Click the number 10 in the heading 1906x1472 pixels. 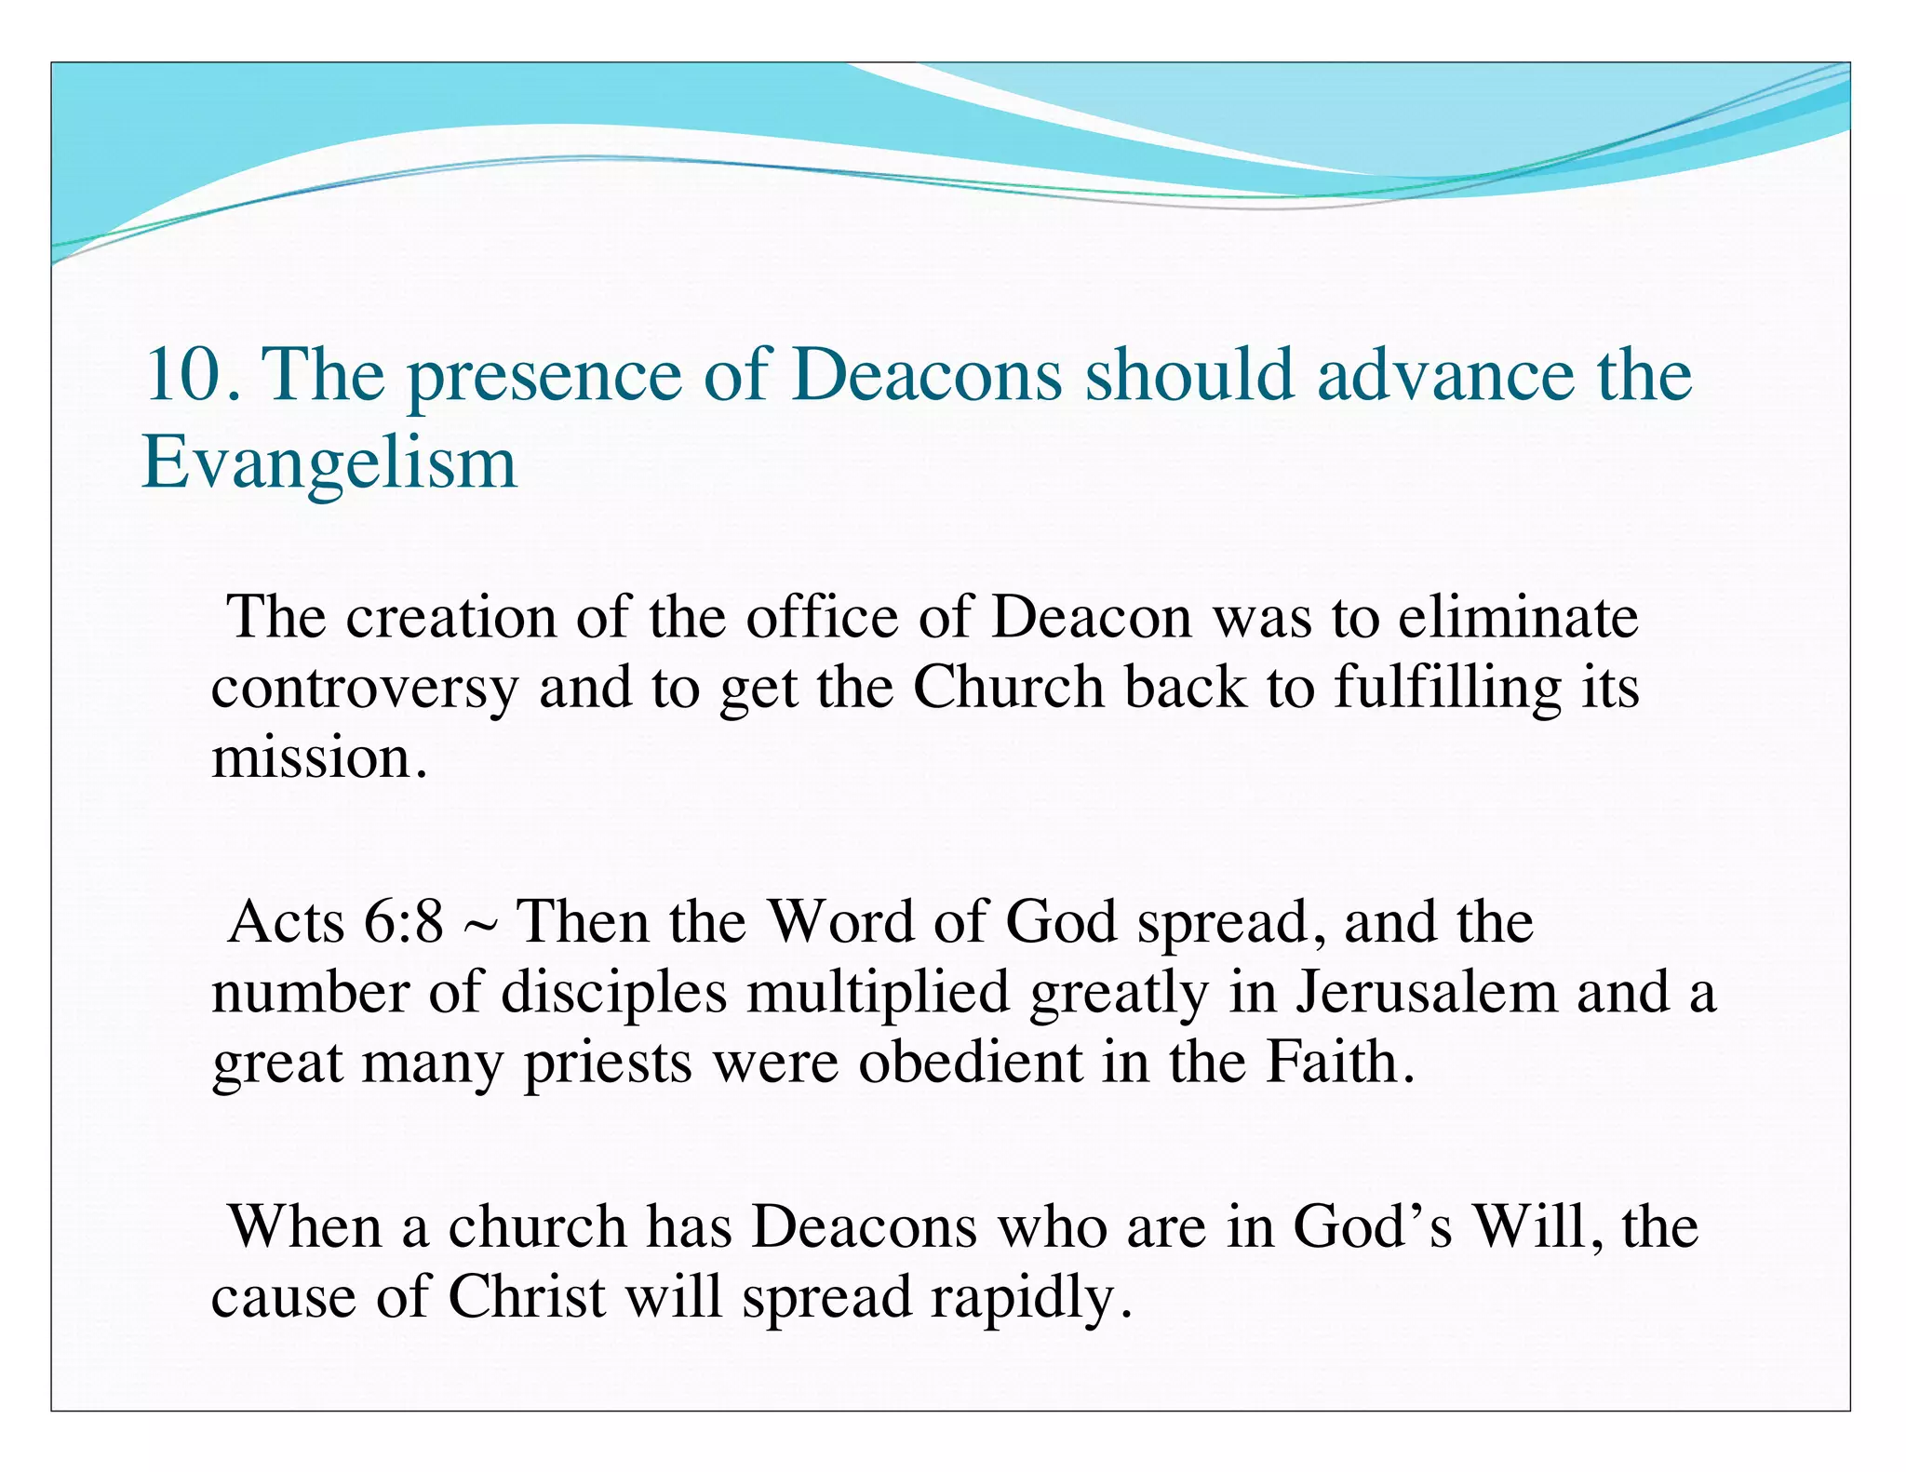click(186, 374)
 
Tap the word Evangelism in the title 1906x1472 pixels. click(328, 462)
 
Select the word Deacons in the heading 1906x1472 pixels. click(926, 374)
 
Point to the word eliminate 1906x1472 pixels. click(1518, 617)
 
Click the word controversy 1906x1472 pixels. click(364, 689)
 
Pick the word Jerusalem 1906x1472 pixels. click(1427, 992)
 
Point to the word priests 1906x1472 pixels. click(608, 1063)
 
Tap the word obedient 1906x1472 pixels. click(969, 1062)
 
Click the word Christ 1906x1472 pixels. click(527, 1296)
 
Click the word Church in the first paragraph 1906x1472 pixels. click(1008, 688)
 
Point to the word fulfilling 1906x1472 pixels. click(1447, 689)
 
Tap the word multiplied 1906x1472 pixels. click(878, 992)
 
